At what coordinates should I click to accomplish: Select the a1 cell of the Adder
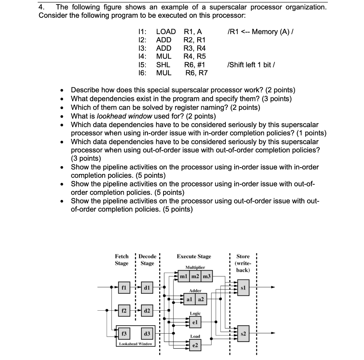point(189,300)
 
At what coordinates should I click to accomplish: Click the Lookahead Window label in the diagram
point(135,343)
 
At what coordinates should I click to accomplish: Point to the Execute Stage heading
point(194,256)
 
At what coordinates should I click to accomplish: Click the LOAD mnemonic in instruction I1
point(166,32)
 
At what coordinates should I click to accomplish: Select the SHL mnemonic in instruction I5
point(163,65)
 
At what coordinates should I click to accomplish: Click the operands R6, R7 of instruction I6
point(197,73)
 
